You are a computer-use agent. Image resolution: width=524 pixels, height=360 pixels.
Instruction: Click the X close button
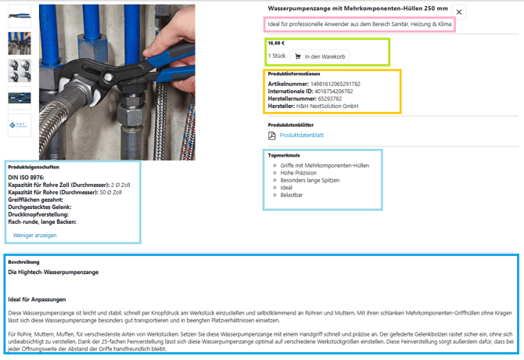(x=459, y=13)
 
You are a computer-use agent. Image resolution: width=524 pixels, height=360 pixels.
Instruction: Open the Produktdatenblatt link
(x=302, y=135)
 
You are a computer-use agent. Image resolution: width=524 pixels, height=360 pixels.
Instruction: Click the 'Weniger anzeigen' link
(x=34, y=235)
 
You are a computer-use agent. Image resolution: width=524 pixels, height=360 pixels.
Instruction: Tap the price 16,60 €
(x=276, y=44)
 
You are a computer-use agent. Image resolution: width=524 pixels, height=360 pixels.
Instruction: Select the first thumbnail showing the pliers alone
(x=20, y=16)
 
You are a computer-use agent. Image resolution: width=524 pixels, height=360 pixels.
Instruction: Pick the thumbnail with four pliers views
(x=20, y=70)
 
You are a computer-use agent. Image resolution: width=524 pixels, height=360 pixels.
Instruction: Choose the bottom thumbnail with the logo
(x=20, y=125)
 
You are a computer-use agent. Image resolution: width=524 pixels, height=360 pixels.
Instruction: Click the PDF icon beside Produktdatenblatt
(x=272, y=135)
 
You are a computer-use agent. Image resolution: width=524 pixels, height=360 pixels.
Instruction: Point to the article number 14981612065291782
(x=335, y=83)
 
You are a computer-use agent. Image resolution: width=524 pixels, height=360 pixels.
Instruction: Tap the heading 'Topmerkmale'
(x=284, y=155)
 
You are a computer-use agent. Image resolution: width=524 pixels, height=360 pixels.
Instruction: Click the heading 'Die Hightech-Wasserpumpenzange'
(x=53, y=272)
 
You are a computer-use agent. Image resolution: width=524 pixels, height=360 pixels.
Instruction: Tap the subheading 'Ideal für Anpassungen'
(x=37, y=299)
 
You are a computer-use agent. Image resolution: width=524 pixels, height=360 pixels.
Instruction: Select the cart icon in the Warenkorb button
(x=298, y=56)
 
